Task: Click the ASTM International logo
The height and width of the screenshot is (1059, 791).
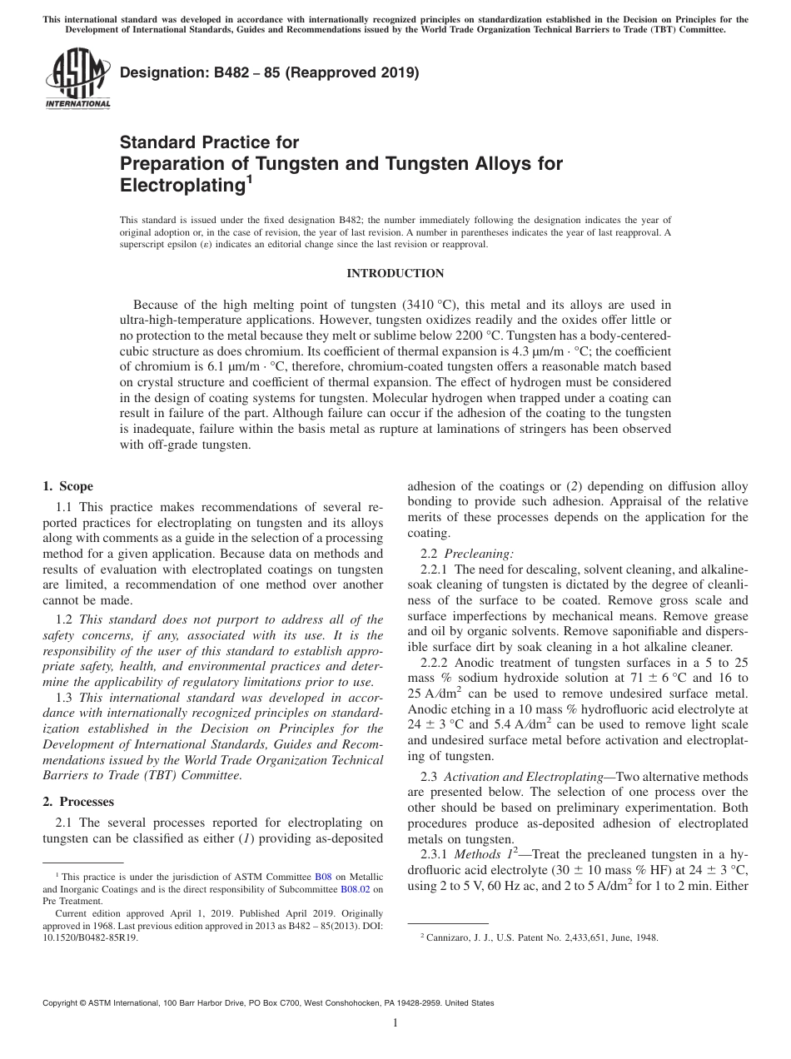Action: click(x=77, y=79)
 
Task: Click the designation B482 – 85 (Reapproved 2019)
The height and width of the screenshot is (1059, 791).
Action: click(x=270, y=72)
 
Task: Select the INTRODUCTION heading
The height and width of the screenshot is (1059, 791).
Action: click(x=395, y=273)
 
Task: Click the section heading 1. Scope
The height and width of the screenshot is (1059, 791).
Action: click(x=67, y=486)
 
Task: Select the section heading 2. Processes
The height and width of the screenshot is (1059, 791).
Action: click(x=78, y=802)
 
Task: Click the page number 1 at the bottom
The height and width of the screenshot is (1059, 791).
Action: click(x=395, y=1023)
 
